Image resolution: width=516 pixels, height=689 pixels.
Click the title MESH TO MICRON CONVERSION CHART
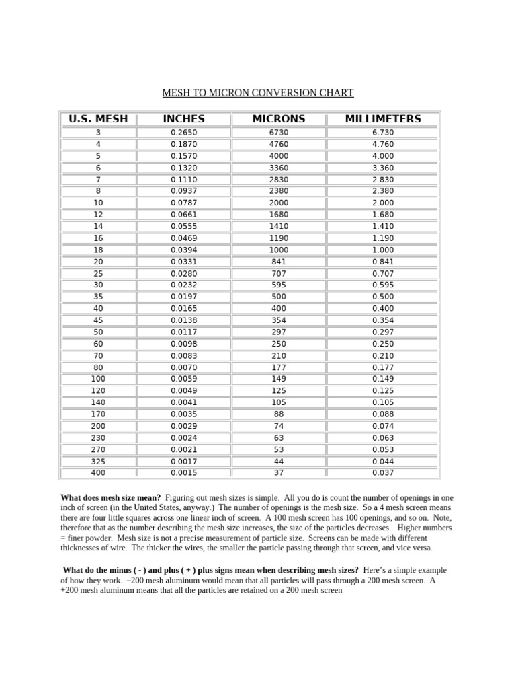pos(258,93)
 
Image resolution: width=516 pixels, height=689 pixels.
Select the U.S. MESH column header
pos(98,119)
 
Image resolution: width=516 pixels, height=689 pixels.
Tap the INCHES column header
pos(183,119)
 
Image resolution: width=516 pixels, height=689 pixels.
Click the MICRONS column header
pos(278,119)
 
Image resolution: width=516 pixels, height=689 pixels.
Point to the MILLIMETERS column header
pos(383,119)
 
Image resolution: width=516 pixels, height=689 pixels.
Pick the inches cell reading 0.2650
pos(183,133)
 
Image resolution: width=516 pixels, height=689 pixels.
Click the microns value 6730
pos(278,133)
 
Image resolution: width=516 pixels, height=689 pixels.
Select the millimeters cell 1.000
pos(383,250)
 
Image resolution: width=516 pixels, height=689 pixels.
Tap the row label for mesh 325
pos(98,462)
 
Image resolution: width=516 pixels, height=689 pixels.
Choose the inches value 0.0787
pos(183,203)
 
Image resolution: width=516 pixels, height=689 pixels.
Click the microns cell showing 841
pos(278,262)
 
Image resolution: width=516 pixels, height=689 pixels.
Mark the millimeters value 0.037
pos(383,472)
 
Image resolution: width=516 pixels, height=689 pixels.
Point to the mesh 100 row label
pos(98,379)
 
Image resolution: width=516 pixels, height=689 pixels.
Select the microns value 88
pos(278,414)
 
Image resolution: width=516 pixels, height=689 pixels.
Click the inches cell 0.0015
pos(183,472)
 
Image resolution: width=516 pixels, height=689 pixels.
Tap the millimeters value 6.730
pos(383,133)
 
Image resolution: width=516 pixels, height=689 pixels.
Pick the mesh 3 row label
pos(98,133)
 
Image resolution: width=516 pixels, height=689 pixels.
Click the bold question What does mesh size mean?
pos(111,497)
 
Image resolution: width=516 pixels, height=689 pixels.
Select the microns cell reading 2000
pos(278,203)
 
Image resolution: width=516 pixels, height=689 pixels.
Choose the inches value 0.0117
pos(183,332)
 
